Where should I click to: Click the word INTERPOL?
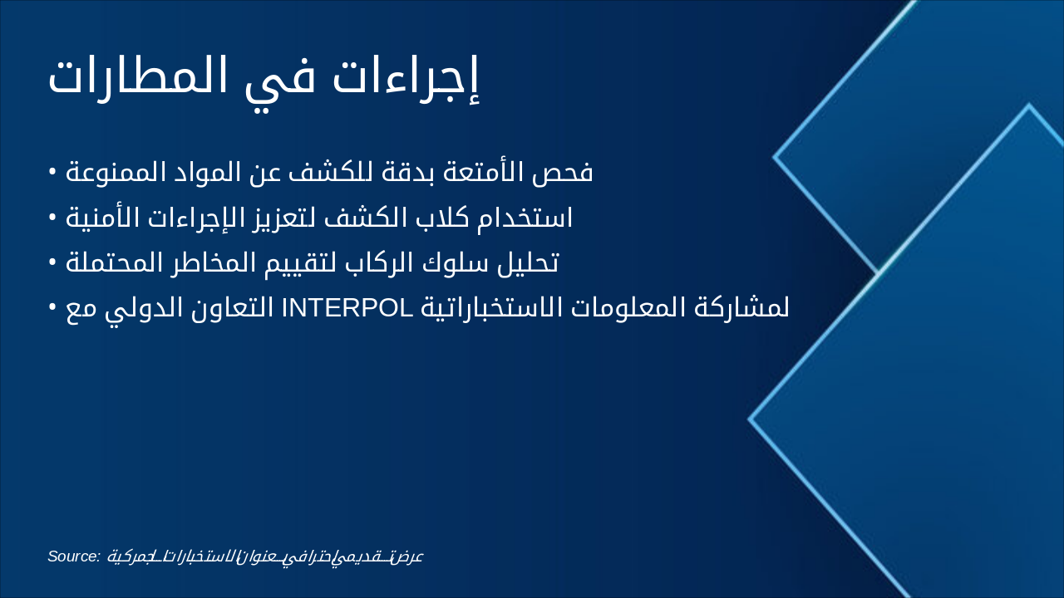pos(348,308)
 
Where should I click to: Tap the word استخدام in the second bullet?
pos(526,218)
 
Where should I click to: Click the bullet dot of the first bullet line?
pos(52,172)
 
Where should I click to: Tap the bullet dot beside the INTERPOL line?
pos(52,307)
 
